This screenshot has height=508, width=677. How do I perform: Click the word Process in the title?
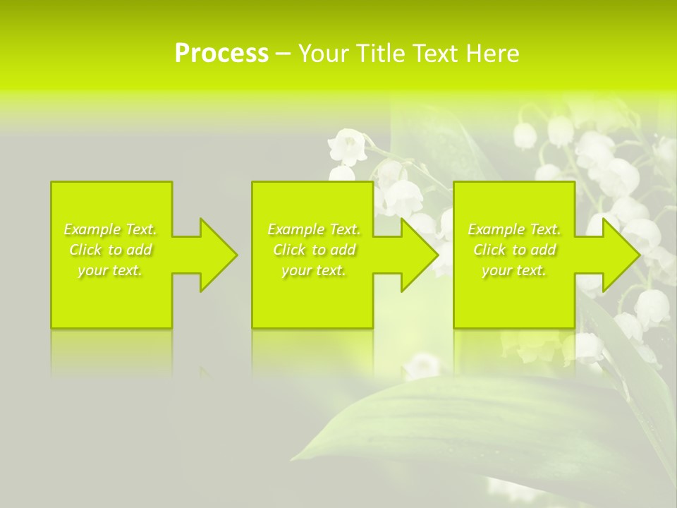coord(221,54)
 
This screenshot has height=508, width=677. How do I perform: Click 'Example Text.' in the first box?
coord(110,229)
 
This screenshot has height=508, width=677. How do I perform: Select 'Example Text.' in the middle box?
coord(314,229)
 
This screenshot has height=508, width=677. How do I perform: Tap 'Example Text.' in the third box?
coord(514,229)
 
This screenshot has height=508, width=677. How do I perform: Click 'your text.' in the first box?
coord(110,270)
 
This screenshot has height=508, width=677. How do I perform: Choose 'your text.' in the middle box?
coord(314,270)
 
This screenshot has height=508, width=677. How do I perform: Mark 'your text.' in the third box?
coord(514,270)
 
